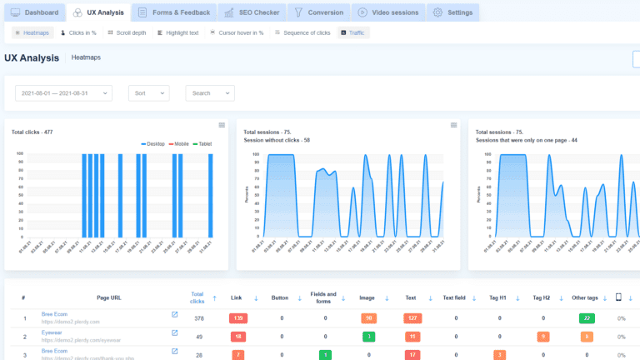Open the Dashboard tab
pyautogui.click(x=35, y=12)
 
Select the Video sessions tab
pyautogui.click(x=387, y=12)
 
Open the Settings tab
pyautogui.click(x=453, y=12)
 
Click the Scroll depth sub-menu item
pyautogui.click(x=127, y=32)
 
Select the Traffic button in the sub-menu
pyautogui.click(x=354, y=32)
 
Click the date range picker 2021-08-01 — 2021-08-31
pyautogui.click(x=63, y=93)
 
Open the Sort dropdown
pyautogui.click(x=148, y=93)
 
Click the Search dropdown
pyautogui.click(x=209, y=93)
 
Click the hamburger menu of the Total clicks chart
pyautogui.click(x=222, y=125)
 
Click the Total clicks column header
pyautogui.click(x=197, y=297)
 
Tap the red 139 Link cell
pyautogui.click(x=238, y=317)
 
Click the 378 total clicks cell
pyautogui.click(x=197, y=317)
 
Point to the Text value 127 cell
pyautogui.click(x=412, y=317)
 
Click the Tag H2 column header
pyautogui.click(x=542, y=297)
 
